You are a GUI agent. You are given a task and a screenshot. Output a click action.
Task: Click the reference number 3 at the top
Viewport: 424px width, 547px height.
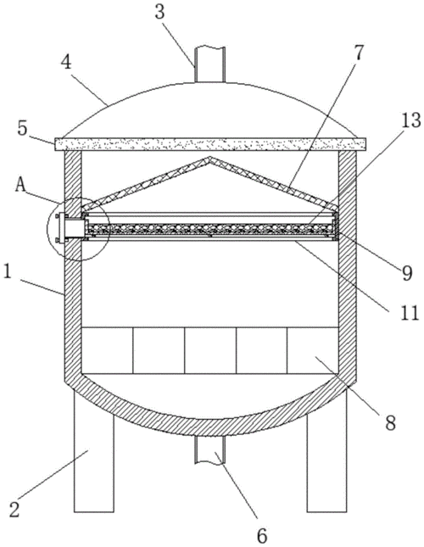(x=159, y=12)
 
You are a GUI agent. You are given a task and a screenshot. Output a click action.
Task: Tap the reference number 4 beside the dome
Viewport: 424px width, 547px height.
(x=66, y=64)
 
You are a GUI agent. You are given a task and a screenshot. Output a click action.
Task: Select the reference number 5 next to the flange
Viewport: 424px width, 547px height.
(x=22, y=128)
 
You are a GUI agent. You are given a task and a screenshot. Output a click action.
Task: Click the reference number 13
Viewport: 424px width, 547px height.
(x=411, y=121)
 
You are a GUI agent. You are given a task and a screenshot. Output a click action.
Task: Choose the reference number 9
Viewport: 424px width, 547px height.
(x=407, y=272)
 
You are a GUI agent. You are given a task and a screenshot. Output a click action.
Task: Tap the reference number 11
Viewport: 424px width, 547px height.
(x=409, y=313)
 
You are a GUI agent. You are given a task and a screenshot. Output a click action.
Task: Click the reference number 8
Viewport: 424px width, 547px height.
(x=391, y=423)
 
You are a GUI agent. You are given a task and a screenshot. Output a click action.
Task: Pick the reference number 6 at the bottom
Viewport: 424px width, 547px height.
(x=262, y=535)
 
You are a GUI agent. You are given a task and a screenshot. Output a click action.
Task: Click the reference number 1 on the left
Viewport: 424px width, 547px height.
(x=8, y=272)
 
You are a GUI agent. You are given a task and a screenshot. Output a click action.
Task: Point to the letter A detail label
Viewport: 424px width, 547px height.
(x=20, y=186)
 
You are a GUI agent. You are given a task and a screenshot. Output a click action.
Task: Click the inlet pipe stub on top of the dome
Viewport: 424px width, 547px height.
(x=210, y=64)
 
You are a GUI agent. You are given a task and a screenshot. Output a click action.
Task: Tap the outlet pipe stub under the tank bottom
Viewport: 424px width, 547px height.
(x=209, y=449)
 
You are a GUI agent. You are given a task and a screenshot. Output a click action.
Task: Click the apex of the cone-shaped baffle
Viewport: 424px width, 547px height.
(x=210, y=158)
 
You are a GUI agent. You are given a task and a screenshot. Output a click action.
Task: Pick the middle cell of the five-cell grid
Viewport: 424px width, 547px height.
(x=210, y=350)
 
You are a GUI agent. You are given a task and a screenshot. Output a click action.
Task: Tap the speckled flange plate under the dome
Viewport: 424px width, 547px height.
(x=210, y=144)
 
